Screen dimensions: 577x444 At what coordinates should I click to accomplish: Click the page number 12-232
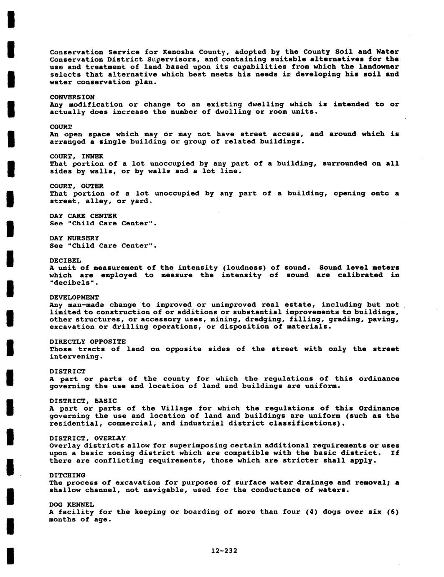click(224, 551)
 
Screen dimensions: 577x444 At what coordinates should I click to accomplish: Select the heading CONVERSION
click(72, 97)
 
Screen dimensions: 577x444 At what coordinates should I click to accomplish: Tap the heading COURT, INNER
click(76, 156)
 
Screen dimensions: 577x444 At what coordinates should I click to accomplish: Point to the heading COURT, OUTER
click(76, 186)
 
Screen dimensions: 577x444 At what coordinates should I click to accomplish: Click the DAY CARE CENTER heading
click(83, 216)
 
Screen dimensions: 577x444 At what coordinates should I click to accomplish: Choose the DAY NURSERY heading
click(74, 238)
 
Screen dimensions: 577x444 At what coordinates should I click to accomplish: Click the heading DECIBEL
click(65, 260)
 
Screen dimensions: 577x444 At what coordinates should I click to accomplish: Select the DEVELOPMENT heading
click(74, 297)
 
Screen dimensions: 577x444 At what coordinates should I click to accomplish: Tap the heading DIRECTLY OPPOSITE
click(87, 342)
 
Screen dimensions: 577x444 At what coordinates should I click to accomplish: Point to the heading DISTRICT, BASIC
click(83, 401)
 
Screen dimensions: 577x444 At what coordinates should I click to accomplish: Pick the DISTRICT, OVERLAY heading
click(87, 438)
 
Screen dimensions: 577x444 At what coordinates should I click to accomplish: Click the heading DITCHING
click(67, 475)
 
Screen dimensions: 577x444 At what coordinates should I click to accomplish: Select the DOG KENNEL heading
click(71, 505)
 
